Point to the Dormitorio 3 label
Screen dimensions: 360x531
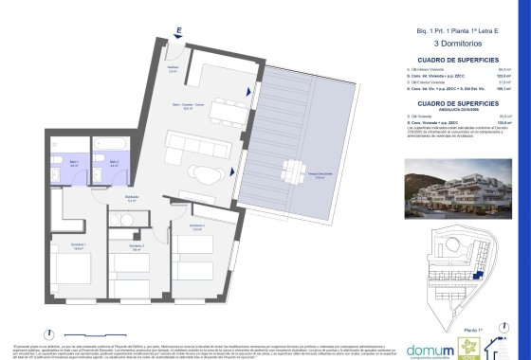pyautogui.click(x=196, y=226)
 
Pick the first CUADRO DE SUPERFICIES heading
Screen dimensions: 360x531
pyautogui.click(x=438, y=59)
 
